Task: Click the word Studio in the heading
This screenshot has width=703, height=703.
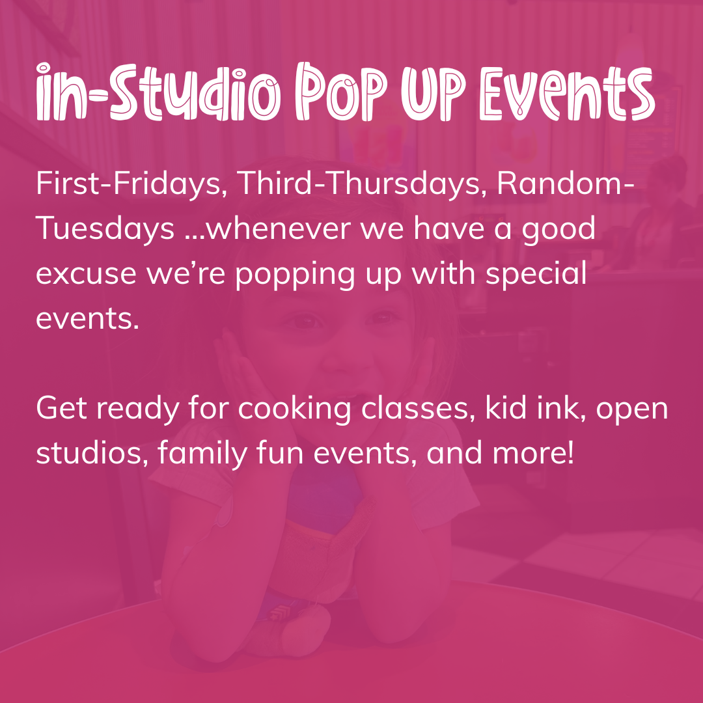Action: click(x=195, y=92)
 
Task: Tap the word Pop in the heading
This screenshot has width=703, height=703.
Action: click(x=342, y=92)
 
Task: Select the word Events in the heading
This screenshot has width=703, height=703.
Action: click(x=568, y=93)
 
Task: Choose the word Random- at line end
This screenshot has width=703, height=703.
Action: click(x=566, y=183)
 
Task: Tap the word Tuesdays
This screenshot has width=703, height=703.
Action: click(x=105, y=228)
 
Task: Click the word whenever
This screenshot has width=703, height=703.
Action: click(x=279, y=228)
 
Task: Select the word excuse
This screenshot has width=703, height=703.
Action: click(x=86, y=274)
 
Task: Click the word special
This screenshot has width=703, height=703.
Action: click(x=536, y=273)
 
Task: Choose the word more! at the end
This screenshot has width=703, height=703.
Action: click(x=533, y=453)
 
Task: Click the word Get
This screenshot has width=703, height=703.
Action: click(x=61, y=408)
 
